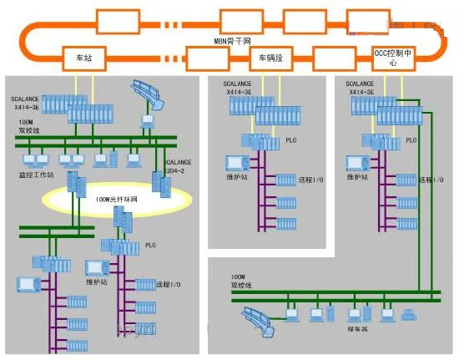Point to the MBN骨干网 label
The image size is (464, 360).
click(232, 39)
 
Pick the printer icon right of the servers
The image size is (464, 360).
click(409, 314)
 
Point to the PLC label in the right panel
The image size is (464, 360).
click(411, 141)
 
